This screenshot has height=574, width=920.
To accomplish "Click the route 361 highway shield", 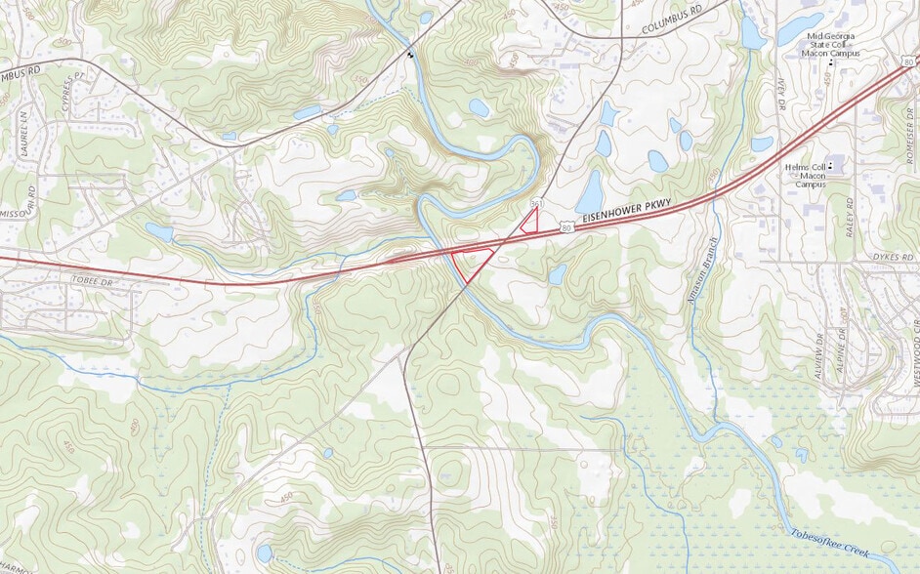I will [536, 203].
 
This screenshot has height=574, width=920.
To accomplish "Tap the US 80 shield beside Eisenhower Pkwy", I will [565, 226].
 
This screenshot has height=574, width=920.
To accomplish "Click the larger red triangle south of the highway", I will [470, 262].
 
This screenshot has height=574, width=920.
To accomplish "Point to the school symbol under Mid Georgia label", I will [831, 63].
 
